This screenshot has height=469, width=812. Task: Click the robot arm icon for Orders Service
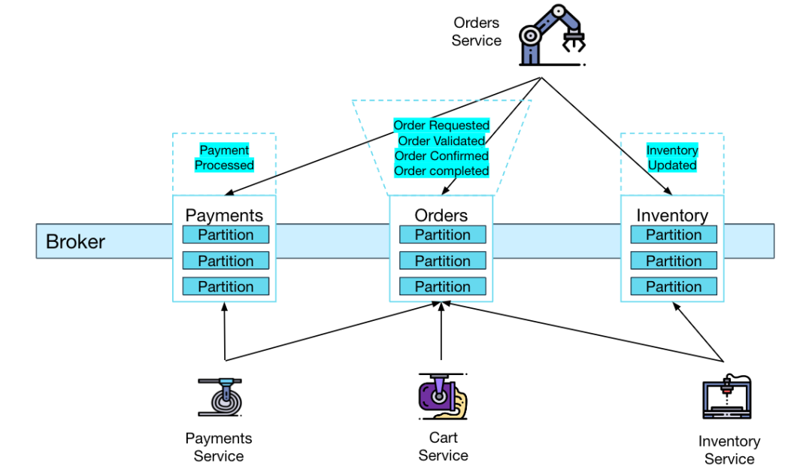553,38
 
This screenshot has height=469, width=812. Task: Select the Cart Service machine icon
442,395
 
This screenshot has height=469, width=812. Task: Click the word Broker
75,242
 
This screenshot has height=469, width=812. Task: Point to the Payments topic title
224,216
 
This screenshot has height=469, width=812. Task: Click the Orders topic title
441,216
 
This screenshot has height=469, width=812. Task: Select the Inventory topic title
672,216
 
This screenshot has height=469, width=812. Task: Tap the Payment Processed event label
224,158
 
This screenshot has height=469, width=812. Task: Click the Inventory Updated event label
672,158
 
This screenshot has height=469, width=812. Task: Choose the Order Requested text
441,126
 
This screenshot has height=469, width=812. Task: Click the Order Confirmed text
441,156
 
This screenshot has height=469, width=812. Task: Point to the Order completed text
441,171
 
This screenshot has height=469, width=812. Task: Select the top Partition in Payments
226,235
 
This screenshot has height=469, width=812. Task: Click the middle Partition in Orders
442,261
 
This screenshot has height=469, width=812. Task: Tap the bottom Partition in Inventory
673,286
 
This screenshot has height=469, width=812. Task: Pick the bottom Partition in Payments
226,286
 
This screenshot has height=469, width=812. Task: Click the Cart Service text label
443,446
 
